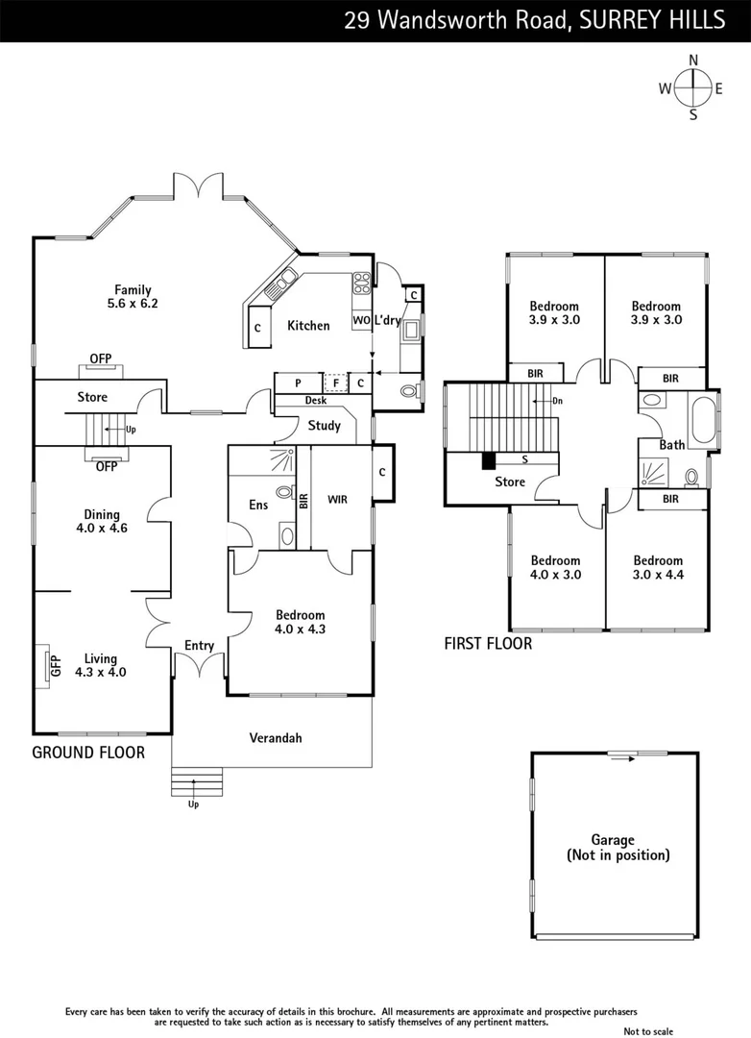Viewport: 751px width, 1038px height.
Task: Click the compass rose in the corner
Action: (692, 88)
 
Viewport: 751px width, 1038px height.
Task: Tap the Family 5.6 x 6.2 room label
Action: (133, 296)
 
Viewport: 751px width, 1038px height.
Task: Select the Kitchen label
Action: (308, 326)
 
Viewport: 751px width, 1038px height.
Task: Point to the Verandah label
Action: (276, 738)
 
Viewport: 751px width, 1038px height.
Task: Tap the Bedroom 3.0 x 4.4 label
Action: (658, 568)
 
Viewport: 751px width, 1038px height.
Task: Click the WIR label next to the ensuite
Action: (337, 500)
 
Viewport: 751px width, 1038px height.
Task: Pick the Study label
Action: (324, 426)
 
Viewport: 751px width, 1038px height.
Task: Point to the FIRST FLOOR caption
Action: (487, 644)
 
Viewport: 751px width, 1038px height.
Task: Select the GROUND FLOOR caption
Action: (88, 753)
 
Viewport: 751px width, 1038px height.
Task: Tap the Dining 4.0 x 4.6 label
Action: (100, 521)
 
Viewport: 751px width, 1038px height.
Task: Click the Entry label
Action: (199, 646)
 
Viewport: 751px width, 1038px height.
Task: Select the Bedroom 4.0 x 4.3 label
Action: (300, 622)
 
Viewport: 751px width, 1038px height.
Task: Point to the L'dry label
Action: (388, 320)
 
